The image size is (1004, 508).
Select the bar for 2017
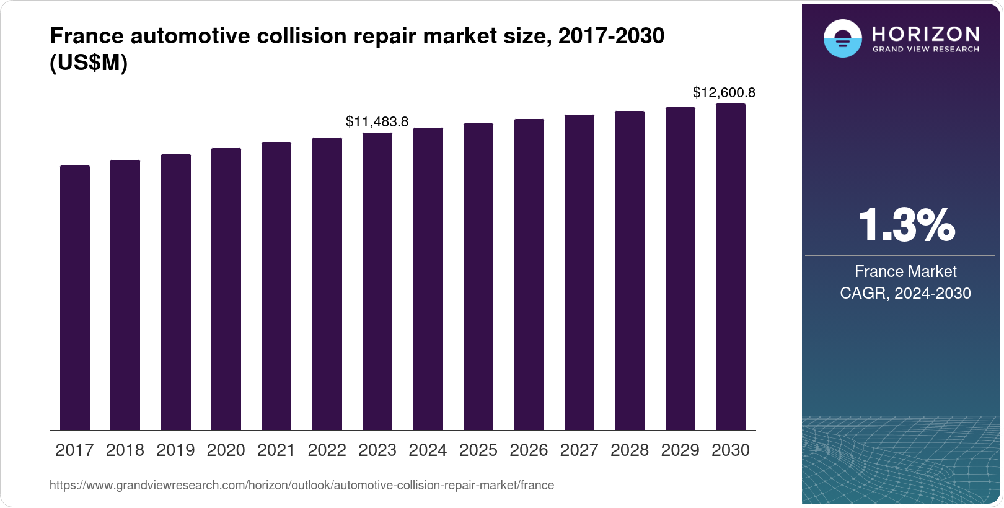pos(75,297)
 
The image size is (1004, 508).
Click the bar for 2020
pos(226,289)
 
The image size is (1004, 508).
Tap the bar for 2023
pos(377,281)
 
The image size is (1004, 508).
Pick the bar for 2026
pos(529,274)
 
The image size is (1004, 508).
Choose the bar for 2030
pos(731,266)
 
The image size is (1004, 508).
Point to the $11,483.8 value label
pos(377,121)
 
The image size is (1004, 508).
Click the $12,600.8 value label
pos(724,93)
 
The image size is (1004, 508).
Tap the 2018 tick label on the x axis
pos(125,450)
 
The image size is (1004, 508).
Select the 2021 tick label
pos(276,450)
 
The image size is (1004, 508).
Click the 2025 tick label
pos(478,450)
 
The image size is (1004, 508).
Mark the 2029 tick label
pos(680,450)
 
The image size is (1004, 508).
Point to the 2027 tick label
pos(579,450)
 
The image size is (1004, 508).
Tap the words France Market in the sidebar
pos(905,271)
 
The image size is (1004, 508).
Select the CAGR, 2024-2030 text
pos(905,293)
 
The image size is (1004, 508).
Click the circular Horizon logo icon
pos(842,38)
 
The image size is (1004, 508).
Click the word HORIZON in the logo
pos(925,33)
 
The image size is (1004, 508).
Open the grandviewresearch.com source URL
pos(302,485)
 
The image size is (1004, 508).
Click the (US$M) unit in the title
pos(89,63)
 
